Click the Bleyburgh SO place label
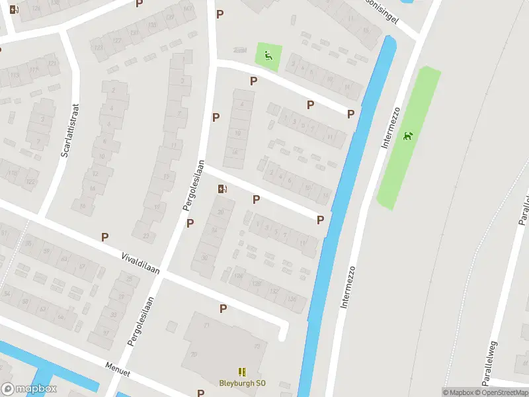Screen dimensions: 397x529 243,383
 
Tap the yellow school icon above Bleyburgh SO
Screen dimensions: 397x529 242,373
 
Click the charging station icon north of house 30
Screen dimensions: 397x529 223,189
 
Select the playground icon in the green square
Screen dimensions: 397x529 268,56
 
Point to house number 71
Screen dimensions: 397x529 206,326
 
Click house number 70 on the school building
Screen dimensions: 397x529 194,354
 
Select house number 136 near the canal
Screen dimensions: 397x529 293,298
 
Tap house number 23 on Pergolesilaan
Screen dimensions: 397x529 146,236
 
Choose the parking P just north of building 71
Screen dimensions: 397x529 223,308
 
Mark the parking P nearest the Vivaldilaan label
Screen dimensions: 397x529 104,237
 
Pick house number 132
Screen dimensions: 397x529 273,290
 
